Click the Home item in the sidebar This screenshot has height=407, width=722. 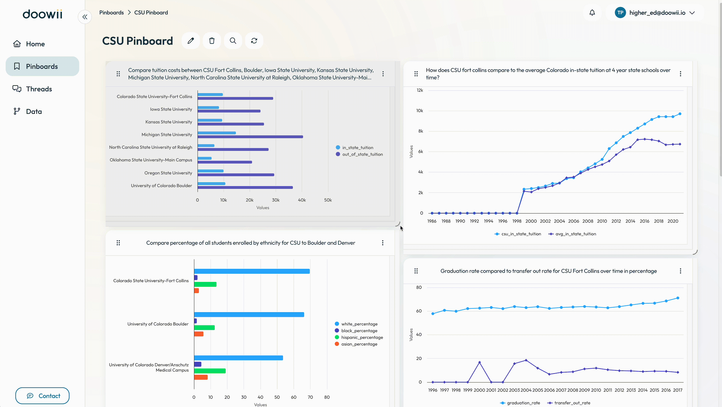tap(29, 44)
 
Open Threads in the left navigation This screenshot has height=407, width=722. tap(32, 89)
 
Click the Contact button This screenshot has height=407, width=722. tap(42, 396)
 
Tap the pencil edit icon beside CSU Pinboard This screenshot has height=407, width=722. tap(191, 41)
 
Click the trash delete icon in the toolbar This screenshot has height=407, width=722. tap(212, 41)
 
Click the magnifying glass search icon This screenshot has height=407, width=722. tap(233, 41)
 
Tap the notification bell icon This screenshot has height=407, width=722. tap(592, 13)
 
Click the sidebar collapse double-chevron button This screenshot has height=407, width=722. tap(85, 17)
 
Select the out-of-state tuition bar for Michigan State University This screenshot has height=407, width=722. tap(250, 137)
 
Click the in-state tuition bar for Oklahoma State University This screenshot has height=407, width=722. tap(205, 158)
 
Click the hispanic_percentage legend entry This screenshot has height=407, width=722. tap(359, 337)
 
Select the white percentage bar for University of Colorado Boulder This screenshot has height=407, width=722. tap(249, 314)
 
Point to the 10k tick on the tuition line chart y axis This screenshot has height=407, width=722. tap(420, 111)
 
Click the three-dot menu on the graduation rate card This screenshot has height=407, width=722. tap(680, 271)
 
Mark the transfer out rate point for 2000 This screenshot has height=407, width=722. tap(479, 362)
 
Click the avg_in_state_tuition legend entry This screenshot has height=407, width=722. tap(572, 234)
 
